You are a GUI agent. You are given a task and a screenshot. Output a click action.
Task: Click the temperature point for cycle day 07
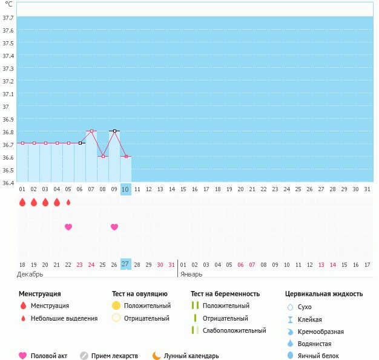91,131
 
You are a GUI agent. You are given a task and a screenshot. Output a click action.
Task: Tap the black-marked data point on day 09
115,131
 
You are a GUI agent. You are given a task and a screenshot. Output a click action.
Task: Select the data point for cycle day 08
103,156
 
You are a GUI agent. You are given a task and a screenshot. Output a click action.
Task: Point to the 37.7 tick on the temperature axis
8,18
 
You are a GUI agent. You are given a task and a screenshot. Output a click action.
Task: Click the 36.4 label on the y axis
8,183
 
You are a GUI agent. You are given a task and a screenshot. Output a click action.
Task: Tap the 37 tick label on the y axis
6,106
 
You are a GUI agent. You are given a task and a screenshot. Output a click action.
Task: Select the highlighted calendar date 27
126,264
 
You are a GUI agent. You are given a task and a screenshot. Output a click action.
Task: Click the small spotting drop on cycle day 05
68,202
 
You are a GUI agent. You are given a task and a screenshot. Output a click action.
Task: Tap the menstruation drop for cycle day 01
22,202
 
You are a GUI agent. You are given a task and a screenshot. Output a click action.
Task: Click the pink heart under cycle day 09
114,227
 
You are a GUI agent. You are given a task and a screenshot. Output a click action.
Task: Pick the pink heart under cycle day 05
68,227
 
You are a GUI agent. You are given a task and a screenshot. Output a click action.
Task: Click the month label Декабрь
30,275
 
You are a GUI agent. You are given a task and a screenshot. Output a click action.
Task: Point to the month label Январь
191,275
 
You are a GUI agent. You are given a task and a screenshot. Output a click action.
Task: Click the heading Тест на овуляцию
140,294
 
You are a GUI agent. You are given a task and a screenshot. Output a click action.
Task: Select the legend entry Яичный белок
313,356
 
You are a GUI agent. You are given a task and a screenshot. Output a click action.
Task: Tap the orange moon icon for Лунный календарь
156,356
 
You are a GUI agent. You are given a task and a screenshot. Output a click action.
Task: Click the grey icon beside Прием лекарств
84,356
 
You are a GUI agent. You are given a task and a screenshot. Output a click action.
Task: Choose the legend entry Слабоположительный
229,330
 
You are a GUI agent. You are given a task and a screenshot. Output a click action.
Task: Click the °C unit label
8,4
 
